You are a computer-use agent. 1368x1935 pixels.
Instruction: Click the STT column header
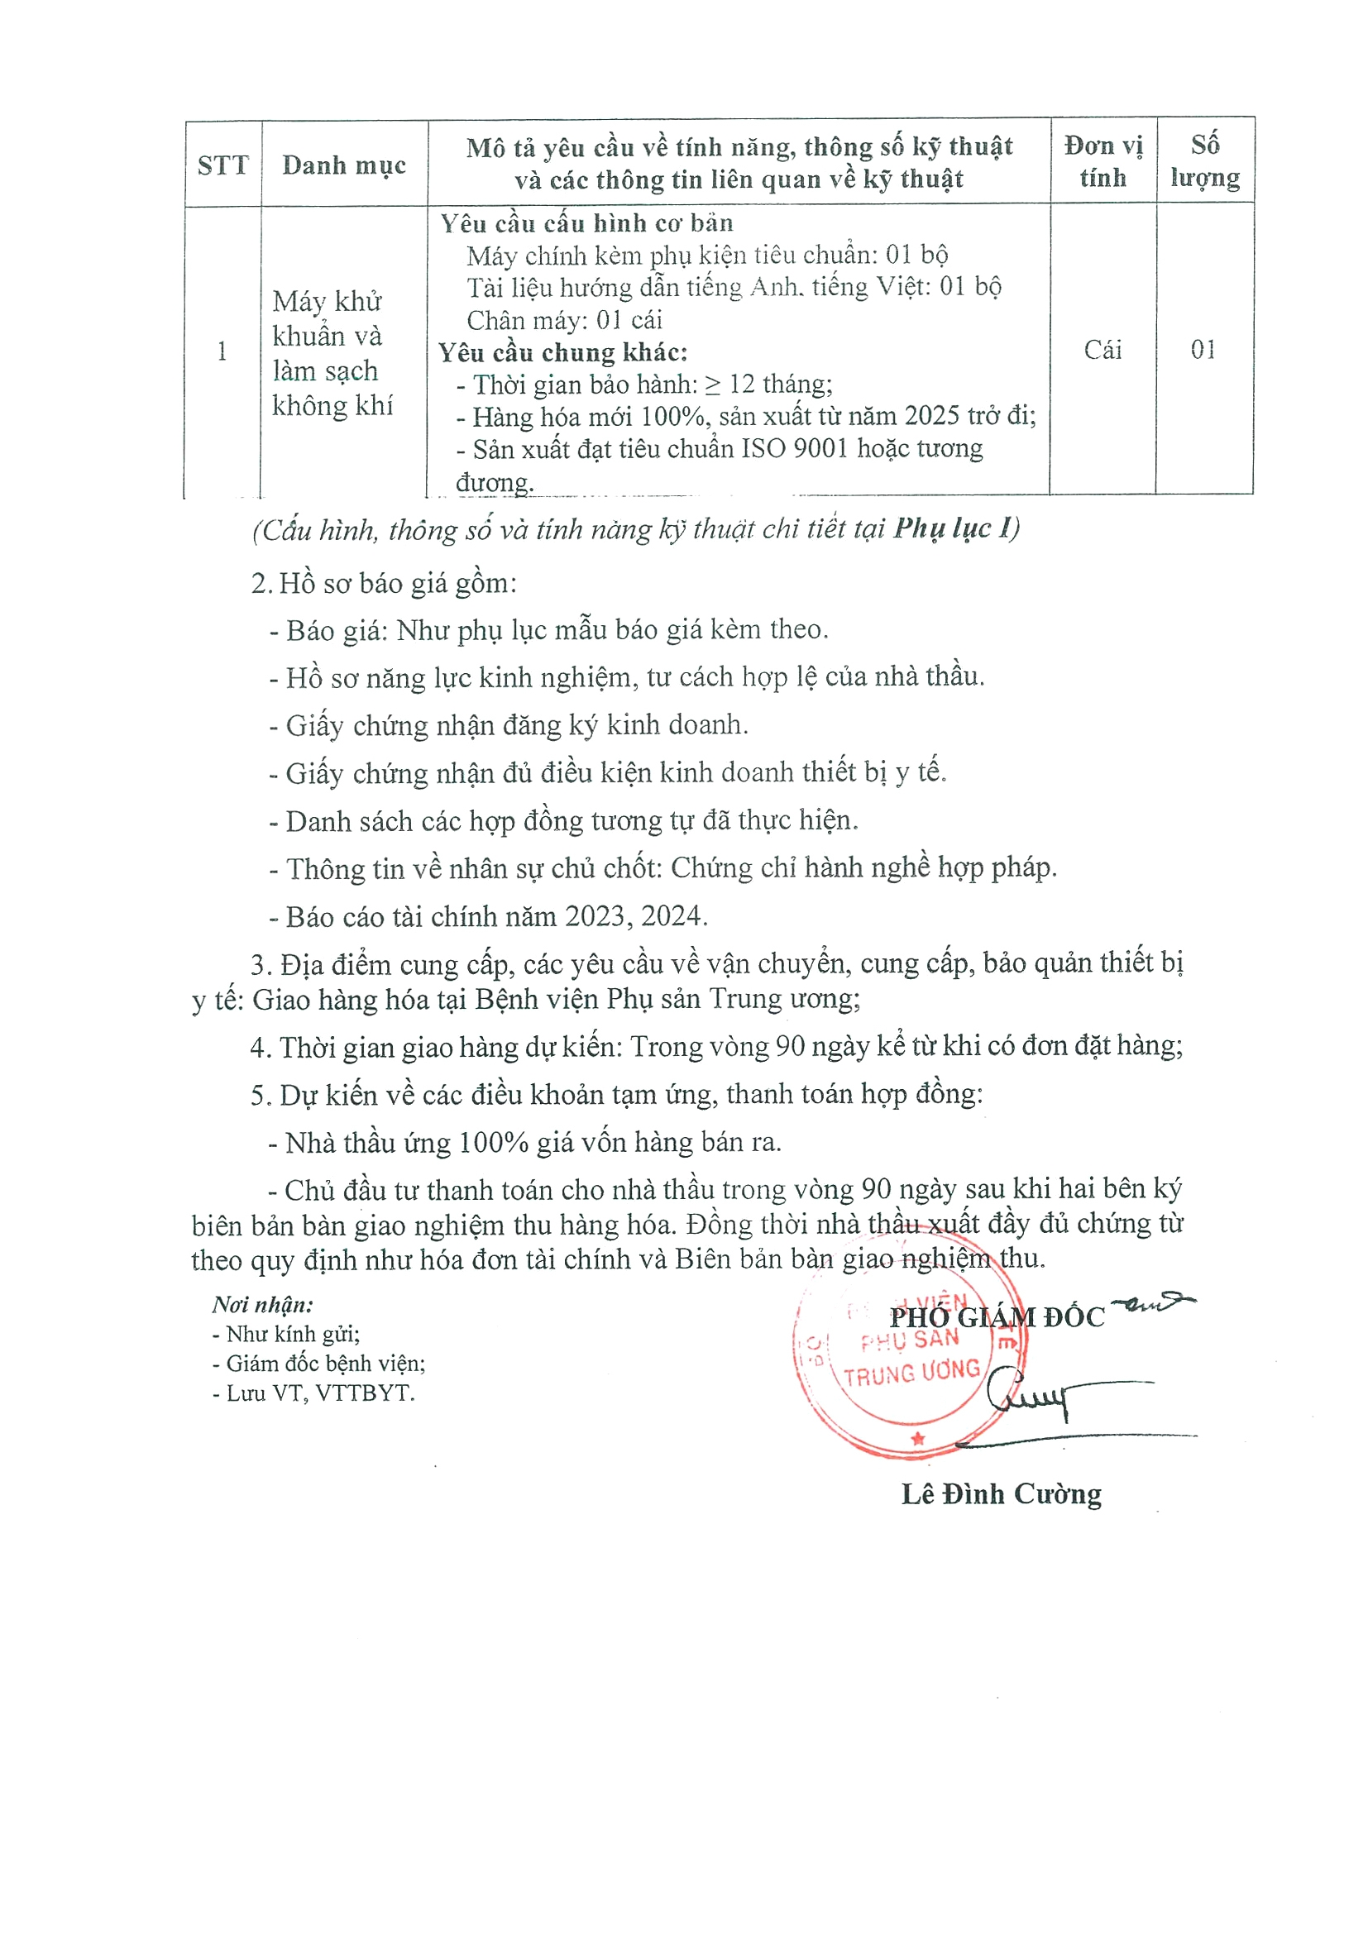pos(222,165)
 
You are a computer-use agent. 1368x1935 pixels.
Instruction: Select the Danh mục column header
pos(344,165)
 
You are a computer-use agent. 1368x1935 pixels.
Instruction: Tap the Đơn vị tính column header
pos(1103,161)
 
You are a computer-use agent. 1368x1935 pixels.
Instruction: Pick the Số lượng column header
pos(1204,161)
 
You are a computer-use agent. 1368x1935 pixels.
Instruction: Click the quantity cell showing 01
pos(1203,350)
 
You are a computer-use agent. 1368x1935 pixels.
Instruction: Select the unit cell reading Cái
pos(1103,350)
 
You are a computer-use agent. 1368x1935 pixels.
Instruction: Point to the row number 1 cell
pos(222,351)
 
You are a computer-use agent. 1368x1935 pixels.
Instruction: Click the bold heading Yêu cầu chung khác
pos(563,352)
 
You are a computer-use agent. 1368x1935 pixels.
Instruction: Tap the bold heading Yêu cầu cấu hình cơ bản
pos(586,223)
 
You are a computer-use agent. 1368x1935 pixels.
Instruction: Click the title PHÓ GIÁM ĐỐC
pos(997,1317)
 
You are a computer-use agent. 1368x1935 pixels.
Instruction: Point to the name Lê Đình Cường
pos(1002,1494)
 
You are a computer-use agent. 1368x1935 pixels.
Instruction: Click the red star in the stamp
pos(918,1439)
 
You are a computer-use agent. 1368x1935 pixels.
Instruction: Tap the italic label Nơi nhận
pos(262,1305)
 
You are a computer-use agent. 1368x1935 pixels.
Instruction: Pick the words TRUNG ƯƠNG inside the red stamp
pos(912,1374)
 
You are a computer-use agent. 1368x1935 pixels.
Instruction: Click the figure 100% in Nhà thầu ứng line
pos(493,1143)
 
